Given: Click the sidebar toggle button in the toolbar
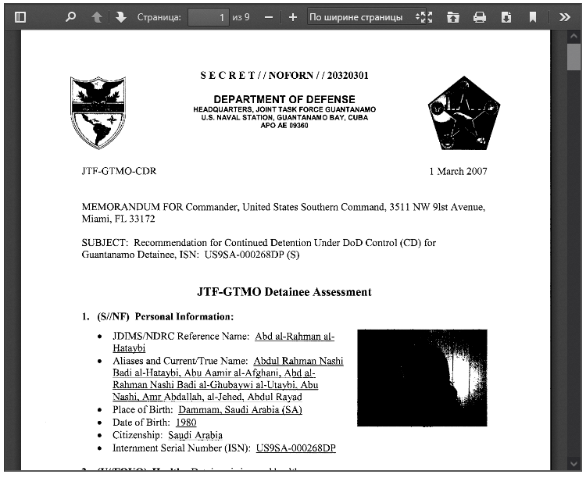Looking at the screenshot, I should coord(20,16).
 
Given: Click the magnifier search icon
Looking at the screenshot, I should coord(70,16).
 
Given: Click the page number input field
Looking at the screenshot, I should coord(209,16).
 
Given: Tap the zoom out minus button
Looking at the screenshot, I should coord(269,16).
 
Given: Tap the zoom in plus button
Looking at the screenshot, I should coord(292,16).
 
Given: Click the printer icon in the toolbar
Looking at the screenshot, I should coord(480,16).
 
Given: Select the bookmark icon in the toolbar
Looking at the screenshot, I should coord(532,16).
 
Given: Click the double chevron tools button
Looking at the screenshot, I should coord(564,16).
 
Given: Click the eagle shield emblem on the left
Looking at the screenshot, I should coord(98,112).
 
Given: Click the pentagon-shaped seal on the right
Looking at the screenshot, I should coord(463,112).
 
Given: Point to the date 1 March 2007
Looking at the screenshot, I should coord(458,171).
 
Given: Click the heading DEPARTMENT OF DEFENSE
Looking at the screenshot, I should coord(284,99).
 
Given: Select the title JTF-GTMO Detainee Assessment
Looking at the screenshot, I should coord(284,292).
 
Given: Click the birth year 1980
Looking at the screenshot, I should coord(186,422).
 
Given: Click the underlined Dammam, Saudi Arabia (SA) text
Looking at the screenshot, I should coord(240,409).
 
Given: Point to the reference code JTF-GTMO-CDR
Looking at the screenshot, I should coord(118,171).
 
